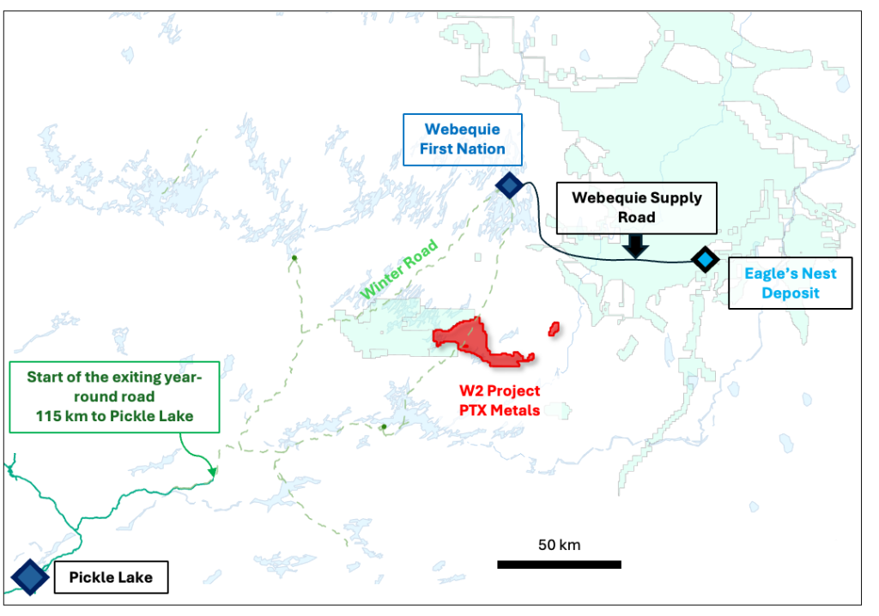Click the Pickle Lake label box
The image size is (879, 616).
[112, 577]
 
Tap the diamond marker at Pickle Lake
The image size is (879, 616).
[29, 577]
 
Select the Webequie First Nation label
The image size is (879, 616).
[462, 140]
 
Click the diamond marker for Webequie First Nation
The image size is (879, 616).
[509, 184]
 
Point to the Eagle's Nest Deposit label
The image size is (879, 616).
[790, 283]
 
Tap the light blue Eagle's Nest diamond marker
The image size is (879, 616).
[705, 258]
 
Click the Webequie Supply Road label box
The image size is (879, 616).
[636, 208]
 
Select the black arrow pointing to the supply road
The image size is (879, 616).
[634, 246]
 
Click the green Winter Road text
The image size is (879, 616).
[398, 269]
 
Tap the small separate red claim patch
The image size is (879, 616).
[555, 328]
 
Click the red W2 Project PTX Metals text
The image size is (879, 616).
[499, 401]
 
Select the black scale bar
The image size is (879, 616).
[559, 565]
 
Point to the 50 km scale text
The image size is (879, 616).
[560, 545]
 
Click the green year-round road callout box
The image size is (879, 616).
[113, 396]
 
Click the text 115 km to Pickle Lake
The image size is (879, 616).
[114, 416]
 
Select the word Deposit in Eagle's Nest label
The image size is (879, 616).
[790, 293]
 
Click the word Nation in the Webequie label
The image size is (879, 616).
[485, 149]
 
